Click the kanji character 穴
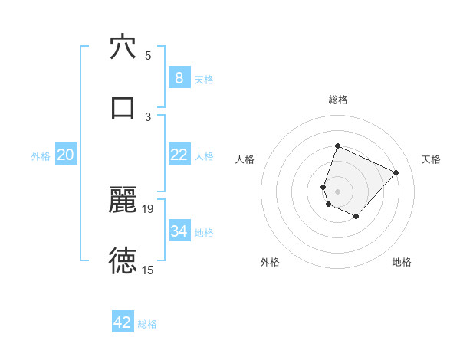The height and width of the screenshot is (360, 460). pyautogui.click(x=123, y=47)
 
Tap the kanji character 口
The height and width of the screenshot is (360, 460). pyautogui.click(x=123, y=107)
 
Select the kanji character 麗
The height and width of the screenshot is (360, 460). pyautogui.click(x=123, y=201)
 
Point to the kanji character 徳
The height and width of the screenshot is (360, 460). pyautogui.click(x=123, y=261)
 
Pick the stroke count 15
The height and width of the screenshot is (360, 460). pyautogui.click(x=148, y=270)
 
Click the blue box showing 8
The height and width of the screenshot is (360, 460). pyautogui.click(x=179, y=78)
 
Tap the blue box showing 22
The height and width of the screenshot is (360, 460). pyautogui.click(x=179, y=155)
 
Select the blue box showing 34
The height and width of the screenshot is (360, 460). pyautogui.click(x=179, y=231)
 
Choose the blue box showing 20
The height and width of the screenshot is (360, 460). pyautogui.click(x=65, y=155)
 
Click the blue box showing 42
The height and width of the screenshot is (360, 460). pyautogui.click(x=123, y=322)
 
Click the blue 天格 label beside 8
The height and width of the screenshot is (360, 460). pyautogui.click(x=204, y=80)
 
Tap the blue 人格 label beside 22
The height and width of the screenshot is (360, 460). pyautogui.click(x=204, y=156)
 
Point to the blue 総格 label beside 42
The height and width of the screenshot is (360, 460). pyautogui.click(x=147, y=324)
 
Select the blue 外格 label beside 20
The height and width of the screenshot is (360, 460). pyautogui.click(x=41, y=156)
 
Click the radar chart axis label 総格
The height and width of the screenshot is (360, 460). pyautogui.click(x=337, y=100)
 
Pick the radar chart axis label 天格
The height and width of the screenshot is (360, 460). pyautogui.click(x=432, y=159)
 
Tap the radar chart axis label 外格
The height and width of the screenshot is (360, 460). pyautogui.click(x=270, y=262)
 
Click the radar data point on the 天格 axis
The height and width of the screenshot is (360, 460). pyautogui.click(x=396, y=172)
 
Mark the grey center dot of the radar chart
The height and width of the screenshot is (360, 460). pyautogui.click(x=337, y=191)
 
